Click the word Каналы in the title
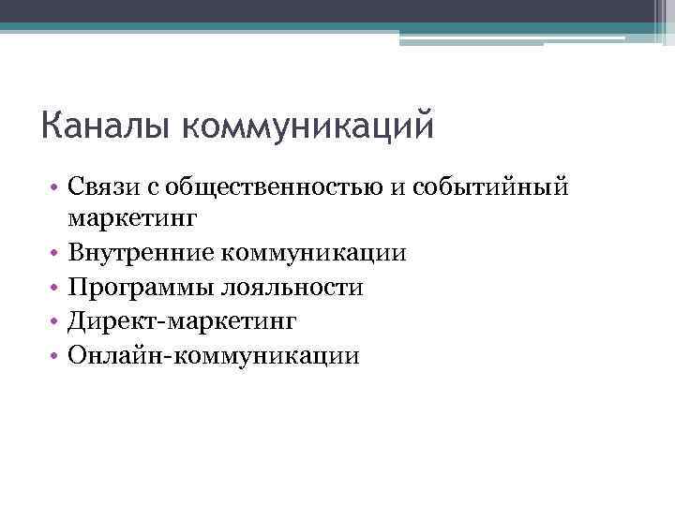(x=103, y=126)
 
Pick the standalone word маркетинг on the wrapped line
(x=132, y=219)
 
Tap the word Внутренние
(x=140, y=253)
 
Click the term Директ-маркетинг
(x=181, y=321)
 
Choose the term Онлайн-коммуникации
(x=212, y=355)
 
